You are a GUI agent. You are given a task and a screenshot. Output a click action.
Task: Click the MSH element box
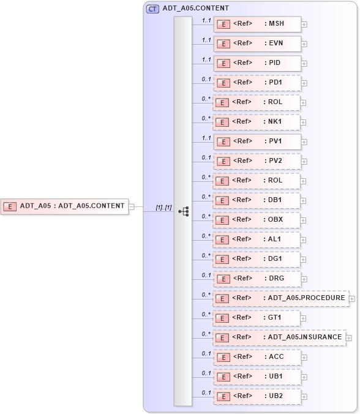click(x=257, y=24)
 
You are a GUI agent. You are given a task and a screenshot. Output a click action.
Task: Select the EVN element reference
click(x=257, y=43)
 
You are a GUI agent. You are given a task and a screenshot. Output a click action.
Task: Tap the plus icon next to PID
click(x=304, y=64)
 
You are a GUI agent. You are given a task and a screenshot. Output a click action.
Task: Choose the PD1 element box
click(x=257, y=83)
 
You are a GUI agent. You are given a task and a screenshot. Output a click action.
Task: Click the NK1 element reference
click(x=257, y=122)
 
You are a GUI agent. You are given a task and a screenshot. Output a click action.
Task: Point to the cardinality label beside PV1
click(x=206, y=138)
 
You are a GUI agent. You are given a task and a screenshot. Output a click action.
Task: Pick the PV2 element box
click(x=257, y=161)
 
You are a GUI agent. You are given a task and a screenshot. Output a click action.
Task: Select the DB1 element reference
click(x=257, y=200)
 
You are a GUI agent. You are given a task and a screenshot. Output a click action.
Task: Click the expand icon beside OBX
click(x=304, y=220)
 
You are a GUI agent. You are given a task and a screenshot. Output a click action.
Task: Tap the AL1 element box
click(x=257, y=239)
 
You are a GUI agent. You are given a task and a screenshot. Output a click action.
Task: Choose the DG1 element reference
click(x=257, y=259)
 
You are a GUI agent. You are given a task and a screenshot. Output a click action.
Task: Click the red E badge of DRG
click(x=224, y=279)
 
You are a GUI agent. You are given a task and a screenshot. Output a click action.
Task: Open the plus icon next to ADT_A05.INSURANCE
click(x=349, y=337)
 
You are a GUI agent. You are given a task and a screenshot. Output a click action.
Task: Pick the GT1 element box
click(x=257, y=318)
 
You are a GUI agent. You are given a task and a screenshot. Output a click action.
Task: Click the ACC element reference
click(x=257, y=357)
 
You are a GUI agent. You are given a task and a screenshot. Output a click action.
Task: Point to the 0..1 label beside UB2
click(x=206, y=393)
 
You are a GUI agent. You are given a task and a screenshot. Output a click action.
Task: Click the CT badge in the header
click(x=152, y=9)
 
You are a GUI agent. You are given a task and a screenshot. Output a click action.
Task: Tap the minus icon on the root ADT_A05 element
click(x=132, y=206)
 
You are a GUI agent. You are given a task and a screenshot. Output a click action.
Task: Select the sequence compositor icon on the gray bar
click(x=183, y=211)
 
